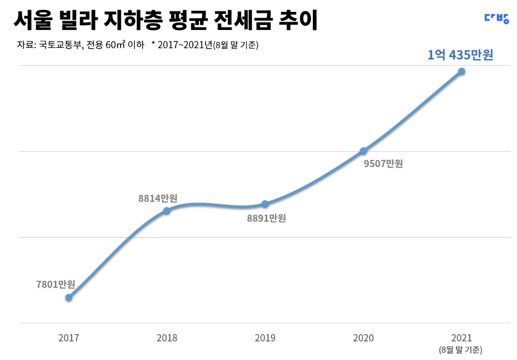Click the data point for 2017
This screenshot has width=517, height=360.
pos(69,297)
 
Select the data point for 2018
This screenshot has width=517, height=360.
pos(166,211)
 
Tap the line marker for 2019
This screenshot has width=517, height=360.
pos(265,204)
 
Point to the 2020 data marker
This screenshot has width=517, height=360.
pos(363,151)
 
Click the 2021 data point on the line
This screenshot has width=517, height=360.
pos(462,71)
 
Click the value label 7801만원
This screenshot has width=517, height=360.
pos(56,284)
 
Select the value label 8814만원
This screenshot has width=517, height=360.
pos(158,198)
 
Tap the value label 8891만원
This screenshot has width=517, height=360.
pos(266,218)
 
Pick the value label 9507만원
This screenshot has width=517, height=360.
pos(383,164)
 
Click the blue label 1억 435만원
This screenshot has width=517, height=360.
pos(460,55)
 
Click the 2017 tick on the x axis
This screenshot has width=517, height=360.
pos(69,338)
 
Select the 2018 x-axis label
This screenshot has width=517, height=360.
pos(166,338)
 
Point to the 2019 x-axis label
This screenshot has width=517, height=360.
pos(265,338)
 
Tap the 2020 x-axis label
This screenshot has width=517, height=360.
pos(363,338)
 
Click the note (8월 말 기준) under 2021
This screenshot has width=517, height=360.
pos(461,350)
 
